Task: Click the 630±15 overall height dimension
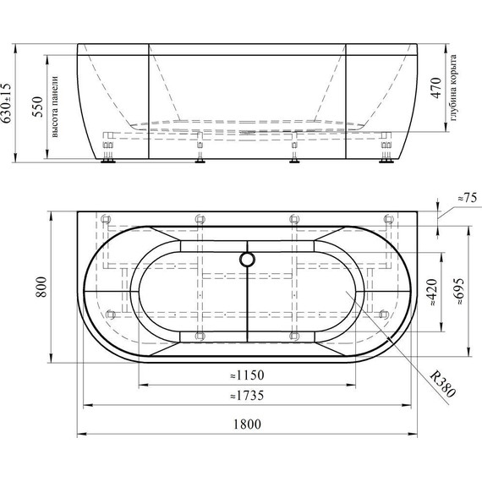click(8, 103)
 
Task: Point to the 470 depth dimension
click(435, 89)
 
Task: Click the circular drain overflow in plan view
click(247, 260)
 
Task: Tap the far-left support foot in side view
click(107, 160)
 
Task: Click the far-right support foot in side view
click(387, 160)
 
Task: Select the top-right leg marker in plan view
click(388, 219)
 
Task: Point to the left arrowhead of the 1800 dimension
click(80, 435)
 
